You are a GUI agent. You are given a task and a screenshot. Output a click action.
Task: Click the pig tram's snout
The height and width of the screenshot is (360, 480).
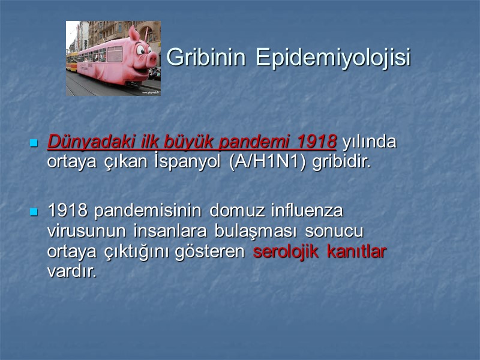coord(152,59)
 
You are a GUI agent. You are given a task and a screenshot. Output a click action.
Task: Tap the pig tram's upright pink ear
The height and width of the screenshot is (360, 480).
coord(134,34)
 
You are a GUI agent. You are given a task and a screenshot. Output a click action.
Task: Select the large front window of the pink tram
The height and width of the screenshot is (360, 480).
coord(115,55)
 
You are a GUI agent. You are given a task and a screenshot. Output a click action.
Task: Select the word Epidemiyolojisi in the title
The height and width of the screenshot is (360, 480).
coord(333,58)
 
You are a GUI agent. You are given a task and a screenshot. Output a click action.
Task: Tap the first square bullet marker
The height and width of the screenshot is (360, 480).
coord(34,143)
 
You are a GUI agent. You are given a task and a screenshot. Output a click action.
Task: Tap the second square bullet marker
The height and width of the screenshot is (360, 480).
coord(34,212)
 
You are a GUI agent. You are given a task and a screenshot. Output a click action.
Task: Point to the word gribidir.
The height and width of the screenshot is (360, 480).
coord(343,163)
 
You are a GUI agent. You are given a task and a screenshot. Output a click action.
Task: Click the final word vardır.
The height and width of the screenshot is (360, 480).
coord(71,271)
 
